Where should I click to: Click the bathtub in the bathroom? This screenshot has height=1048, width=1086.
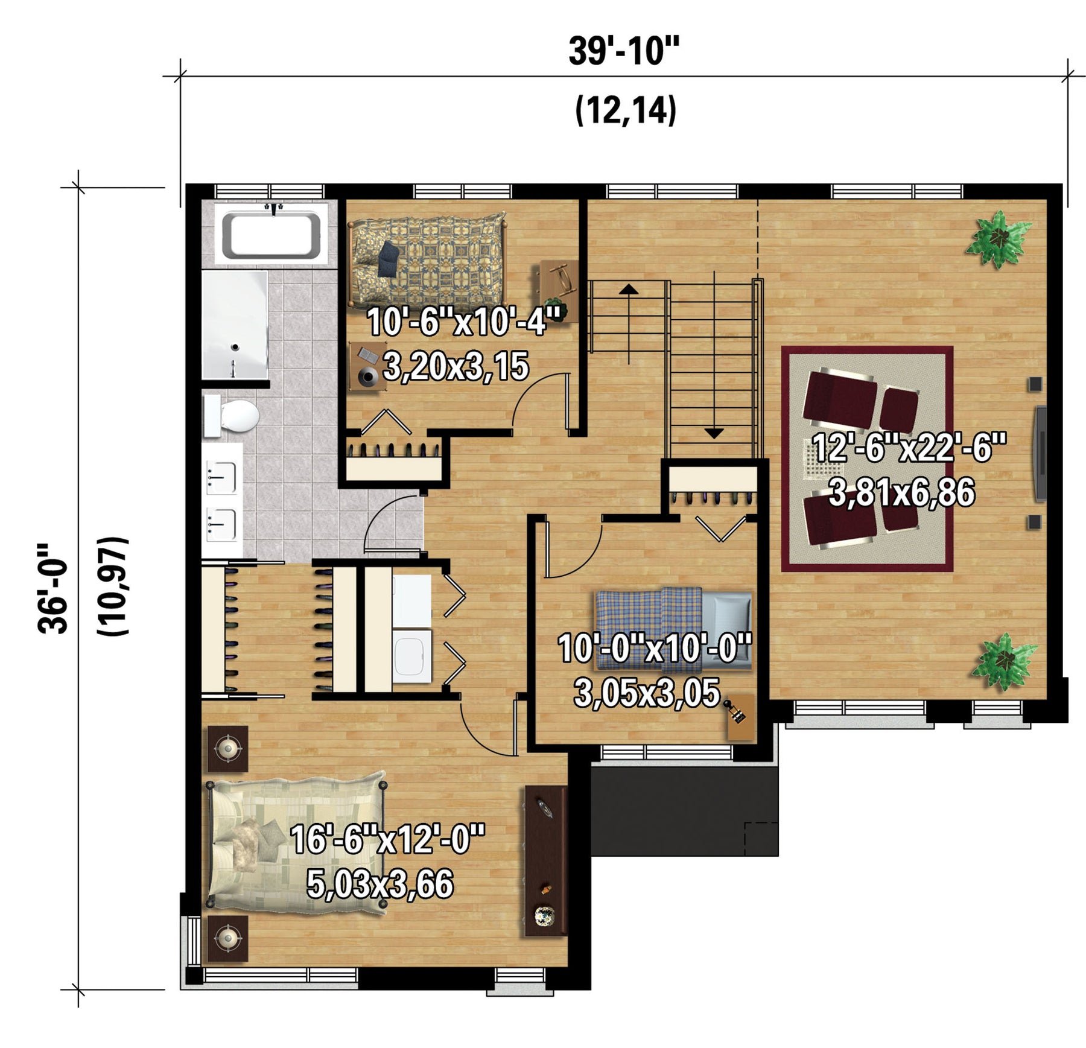[271, 234]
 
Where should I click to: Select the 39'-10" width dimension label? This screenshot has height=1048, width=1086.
[624, 51]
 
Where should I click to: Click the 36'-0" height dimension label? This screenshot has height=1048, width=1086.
[52, 588]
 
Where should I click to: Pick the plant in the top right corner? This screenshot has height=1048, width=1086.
[999, 238]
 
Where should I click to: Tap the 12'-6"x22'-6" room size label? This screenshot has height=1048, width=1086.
[909, 448]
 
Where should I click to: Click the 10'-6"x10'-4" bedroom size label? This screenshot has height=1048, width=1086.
[465, 322]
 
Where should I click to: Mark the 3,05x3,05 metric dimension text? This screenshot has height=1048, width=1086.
[647, 693]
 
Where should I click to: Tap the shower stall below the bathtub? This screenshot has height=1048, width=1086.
[235, 325]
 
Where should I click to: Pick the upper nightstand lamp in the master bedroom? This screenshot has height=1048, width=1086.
[227, 749]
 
